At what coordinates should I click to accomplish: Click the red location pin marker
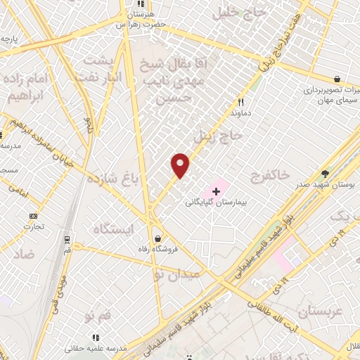[181, 165]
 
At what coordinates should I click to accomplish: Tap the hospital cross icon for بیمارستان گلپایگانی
[215, 191]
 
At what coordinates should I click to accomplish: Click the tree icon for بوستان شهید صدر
[325, 173]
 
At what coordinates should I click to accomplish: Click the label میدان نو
[168, 270]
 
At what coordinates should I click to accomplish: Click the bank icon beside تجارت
[33, 216]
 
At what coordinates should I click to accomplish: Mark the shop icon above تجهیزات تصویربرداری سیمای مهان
[337, 79]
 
